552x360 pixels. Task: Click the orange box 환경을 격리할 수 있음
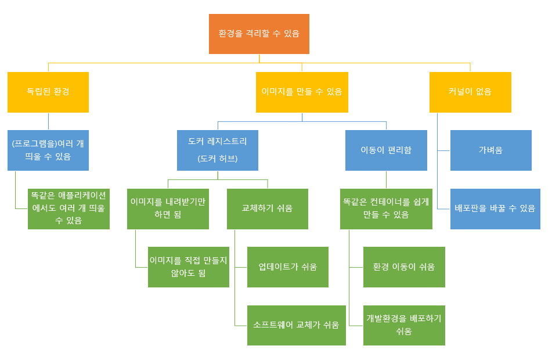click(259, 34)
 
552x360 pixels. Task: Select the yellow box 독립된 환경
click(48, 92)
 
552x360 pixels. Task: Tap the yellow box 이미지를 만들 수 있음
click(302, 92)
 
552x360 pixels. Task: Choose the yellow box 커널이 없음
click(470, 92)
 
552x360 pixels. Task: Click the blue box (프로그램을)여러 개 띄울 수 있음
click(48, 150)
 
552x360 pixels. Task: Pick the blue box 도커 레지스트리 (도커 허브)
click(218, 150)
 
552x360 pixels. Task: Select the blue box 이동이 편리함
click(386, 150)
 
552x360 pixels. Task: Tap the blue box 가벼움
click(490, 150)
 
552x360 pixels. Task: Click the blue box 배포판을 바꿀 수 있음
click(495, 208)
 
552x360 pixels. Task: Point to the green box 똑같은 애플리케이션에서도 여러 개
click(68, 208)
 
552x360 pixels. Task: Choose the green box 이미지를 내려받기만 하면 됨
click(168, 208)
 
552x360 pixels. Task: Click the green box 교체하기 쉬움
click(267, 208)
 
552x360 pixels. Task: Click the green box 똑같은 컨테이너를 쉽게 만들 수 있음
click(386, 208)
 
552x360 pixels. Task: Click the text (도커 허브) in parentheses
click(218, 158)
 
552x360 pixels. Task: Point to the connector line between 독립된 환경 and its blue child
click(48, 121)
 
